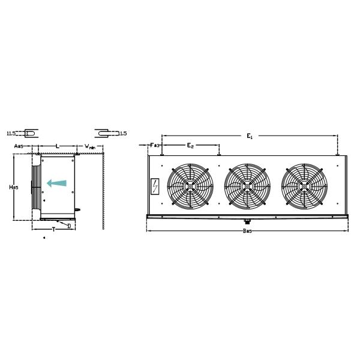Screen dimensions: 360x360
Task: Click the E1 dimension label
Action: pos(250,137)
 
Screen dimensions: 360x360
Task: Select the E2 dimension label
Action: pos(190,146)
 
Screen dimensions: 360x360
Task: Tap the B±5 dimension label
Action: pos(247,231)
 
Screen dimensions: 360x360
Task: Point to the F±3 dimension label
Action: pos(155,145)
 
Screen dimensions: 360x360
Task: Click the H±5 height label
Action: pos(14,187)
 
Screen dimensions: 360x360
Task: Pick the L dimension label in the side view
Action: pos(57,146)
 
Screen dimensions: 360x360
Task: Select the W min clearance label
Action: pos(90,146)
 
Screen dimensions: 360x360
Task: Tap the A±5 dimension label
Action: pos(19,146)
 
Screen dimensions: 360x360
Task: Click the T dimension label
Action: pos(53,229)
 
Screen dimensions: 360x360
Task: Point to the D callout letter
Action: pos(69,226)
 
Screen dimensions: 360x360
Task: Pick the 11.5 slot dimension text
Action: pos(11,133)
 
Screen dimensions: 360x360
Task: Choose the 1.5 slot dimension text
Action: pos(123,133)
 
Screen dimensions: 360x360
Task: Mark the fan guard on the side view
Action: pos(37,185)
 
